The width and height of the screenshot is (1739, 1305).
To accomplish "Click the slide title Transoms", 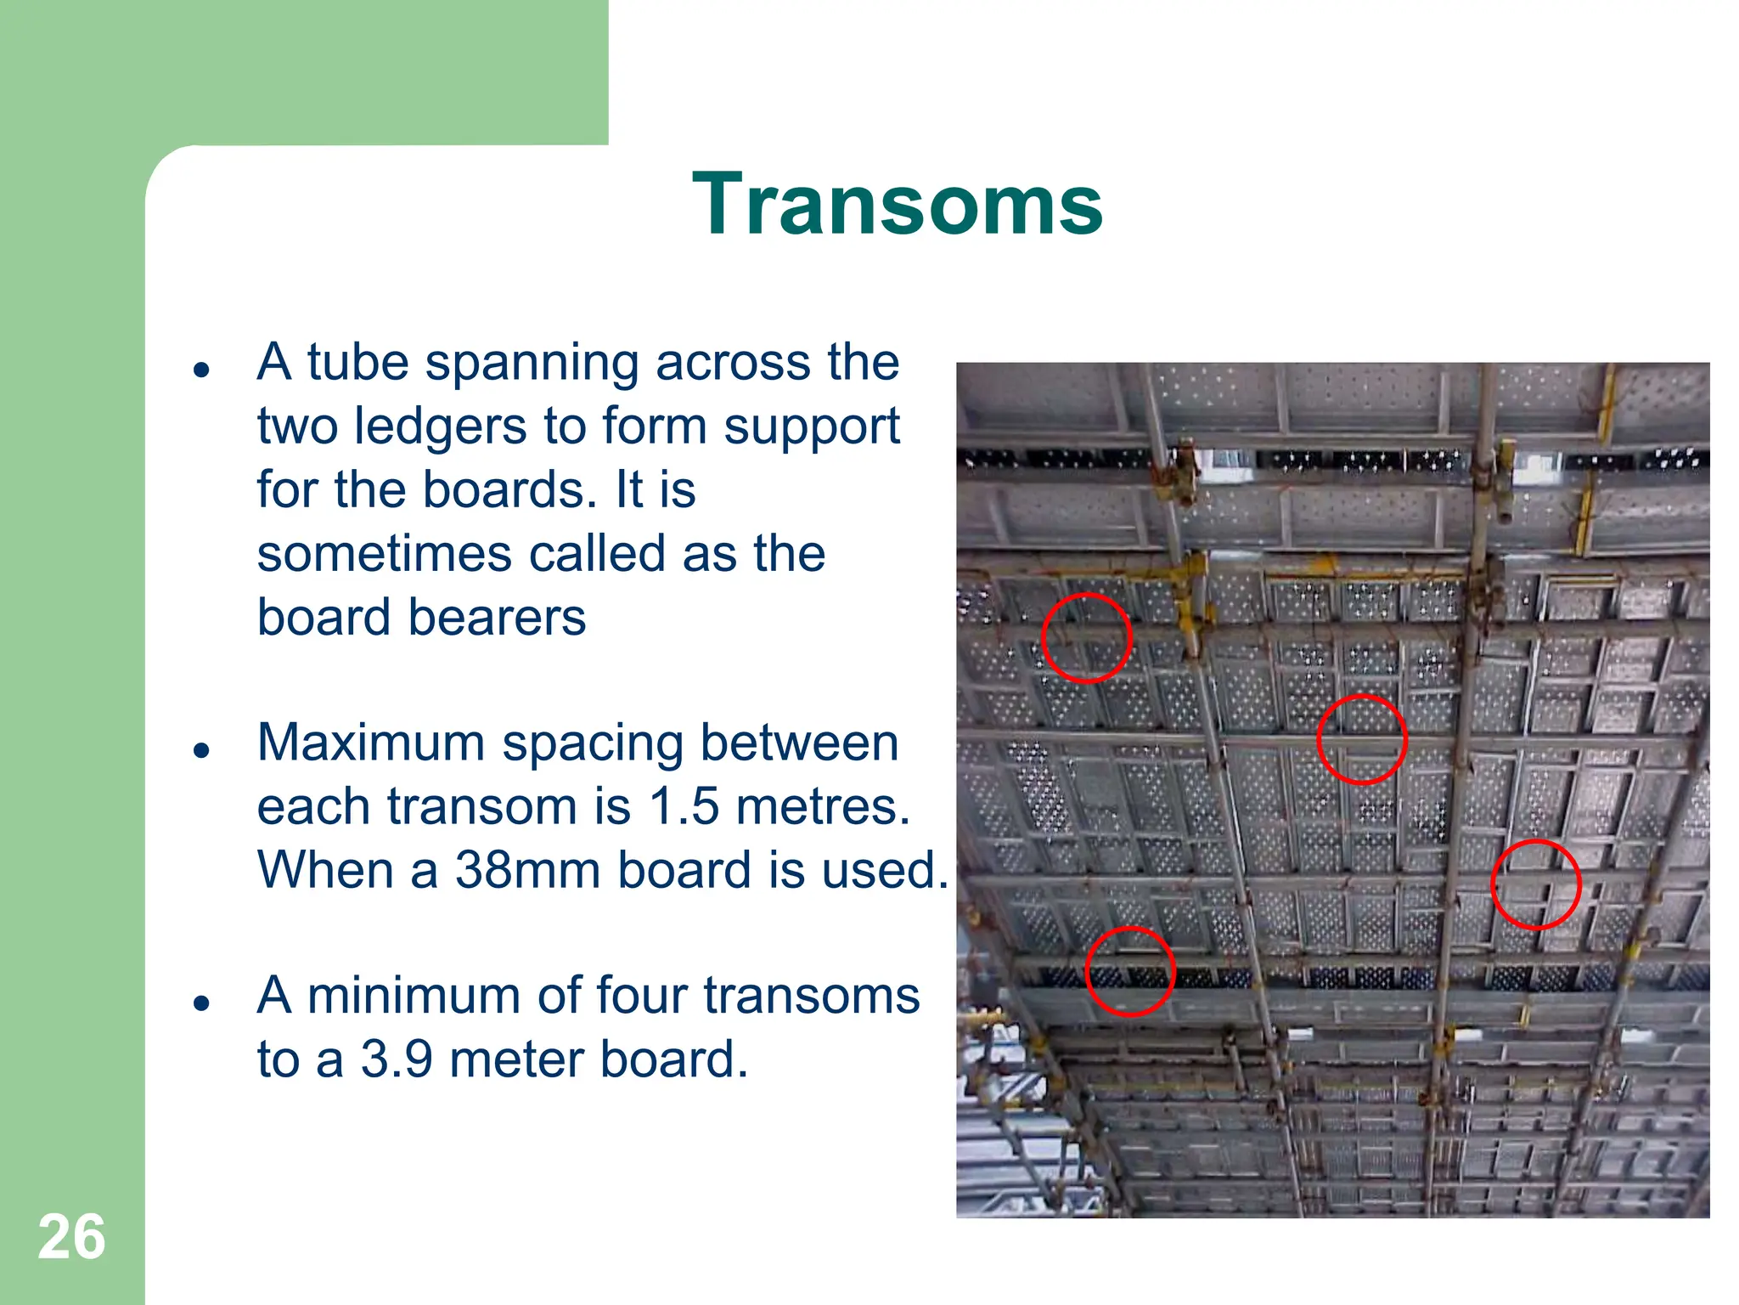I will click(898, 205).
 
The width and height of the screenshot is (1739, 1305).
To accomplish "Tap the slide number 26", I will click(71, 1237).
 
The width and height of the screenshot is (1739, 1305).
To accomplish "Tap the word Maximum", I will click(372, 743).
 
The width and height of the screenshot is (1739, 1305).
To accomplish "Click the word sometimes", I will click(385, 554).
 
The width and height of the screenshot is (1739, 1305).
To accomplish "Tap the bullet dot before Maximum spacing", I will click(201, 750).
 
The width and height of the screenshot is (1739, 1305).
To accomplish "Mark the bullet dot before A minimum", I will click(201, 1003).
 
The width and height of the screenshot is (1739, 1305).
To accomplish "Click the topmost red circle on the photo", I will click(1086, 638).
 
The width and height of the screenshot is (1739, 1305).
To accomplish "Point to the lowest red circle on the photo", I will click(1130, 971).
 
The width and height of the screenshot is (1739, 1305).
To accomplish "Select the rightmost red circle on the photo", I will click(1536, 884).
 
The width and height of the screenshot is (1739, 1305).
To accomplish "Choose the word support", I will click(812, 427).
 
